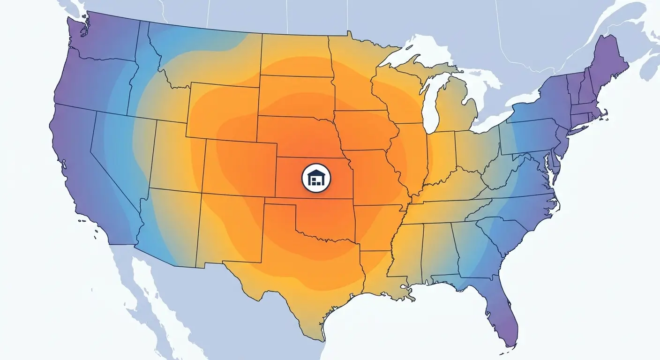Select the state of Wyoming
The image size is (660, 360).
pos(223,110)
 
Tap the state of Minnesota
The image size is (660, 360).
pos(356,75)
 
